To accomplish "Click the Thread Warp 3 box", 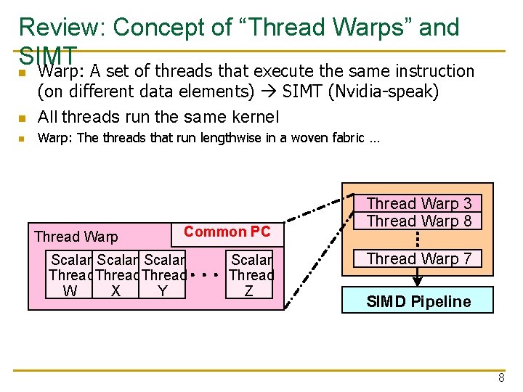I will (x=418, y=204).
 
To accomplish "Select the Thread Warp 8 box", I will (x=418, y=221).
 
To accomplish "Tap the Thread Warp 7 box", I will (x=418, y=258).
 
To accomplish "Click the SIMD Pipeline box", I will (x=418, y=301).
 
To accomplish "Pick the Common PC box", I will (x=227, y=232).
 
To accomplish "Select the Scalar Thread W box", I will (x=70, y=275).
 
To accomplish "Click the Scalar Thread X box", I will (x=116, y=275).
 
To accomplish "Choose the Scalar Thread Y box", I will (x=163, y=275).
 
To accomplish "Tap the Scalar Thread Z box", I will (x=251, y=275).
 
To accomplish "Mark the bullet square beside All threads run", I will (x=23, y=118).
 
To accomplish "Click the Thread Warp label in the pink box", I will (x=76, y=237).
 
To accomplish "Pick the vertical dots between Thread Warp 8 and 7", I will (x=418, y=240).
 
